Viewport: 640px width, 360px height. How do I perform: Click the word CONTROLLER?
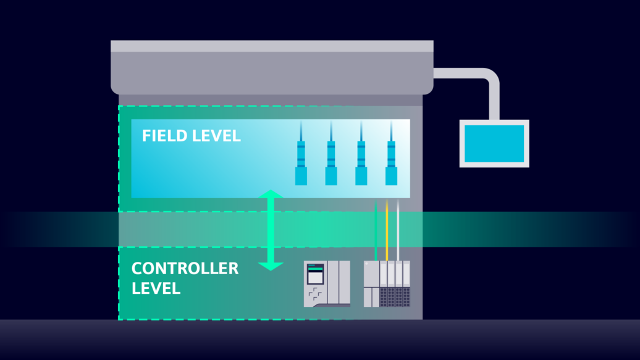[185, 269]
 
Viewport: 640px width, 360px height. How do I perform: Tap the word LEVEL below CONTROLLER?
[156, 288]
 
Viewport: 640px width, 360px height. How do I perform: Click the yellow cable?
[387, 228]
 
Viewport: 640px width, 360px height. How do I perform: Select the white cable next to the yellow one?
[398, 228]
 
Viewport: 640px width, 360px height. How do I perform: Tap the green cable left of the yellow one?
[376, 228]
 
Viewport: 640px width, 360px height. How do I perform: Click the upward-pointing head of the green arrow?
[271, 195]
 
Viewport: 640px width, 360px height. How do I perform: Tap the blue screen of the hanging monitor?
[494, 144]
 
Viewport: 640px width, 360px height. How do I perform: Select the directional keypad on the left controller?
[315, 293]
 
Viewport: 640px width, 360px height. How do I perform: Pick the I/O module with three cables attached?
[387, 284]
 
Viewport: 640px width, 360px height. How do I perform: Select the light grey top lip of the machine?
[272, 46]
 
